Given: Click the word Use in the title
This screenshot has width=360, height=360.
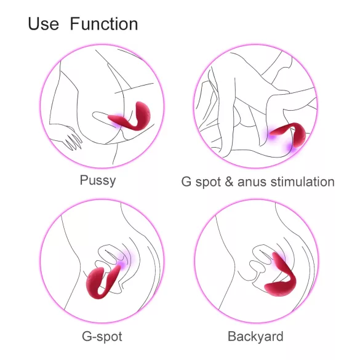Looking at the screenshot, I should pyautogui.click(x=43, y=24).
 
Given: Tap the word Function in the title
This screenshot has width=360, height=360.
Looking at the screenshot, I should pyautogui.click(x=103, y=24).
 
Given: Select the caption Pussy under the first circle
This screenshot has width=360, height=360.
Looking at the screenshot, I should pyautogui.click(x=97, y=181).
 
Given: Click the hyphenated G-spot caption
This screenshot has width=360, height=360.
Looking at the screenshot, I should pyautogui.click(x=102, y=337).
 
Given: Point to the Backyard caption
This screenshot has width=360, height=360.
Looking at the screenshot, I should pyautogui.click(x=255, y=337).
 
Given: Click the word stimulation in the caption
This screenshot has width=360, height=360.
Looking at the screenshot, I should pyautogui.click(x=302, y=182).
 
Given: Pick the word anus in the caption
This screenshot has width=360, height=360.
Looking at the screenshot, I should pyautogui.click(x=250, y=182).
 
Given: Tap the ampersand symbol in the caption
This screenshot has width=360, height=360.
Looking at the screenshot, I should pyautogui.click(x=229, y=182).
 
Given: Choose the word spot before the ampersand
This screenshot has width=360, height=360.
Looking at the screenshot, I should pyautogui.click(x=207, y=182).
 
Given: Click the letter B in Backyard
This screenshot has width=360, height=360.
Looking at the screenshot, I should pyautogui.click(x=232, y=337).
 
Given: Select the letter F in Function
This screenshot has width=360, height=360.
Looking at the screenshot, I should pyautogui.click(x=74, y=24).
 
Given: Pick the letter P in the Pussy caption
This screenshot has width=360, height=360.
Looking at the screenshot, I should pyautogui.click(x=84, y=181).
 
